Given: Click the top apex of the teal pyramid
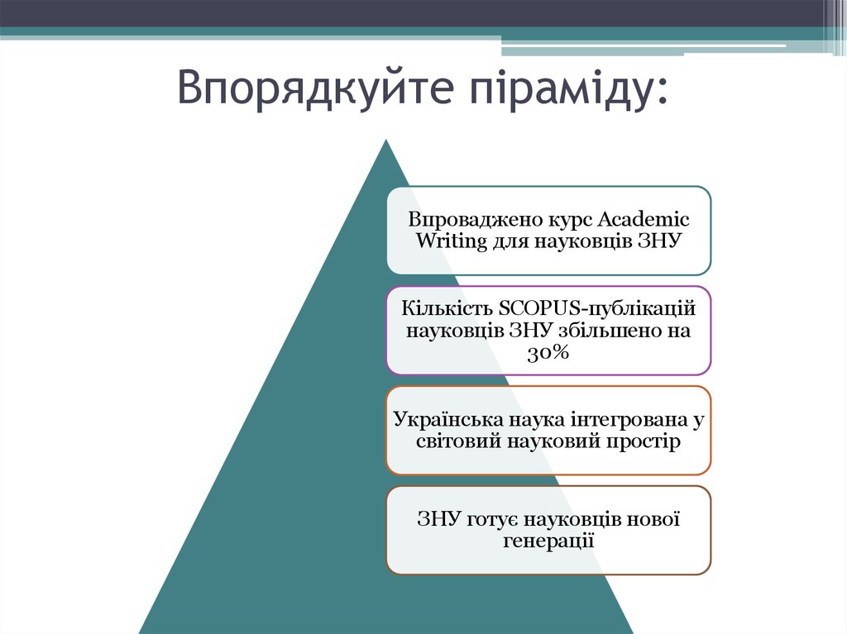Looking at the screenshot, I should tap(385, 142).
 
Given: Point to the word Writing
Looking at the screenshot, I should tap(447, 241).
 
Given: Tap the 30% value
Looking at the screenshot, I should tap(548, 352).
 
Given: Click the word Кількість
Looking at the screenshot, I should tap(447, 307).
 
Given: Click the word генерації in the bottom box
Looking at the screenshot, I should tap(548, 541).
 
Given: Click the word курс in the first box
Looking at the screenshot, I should tap(570, 221).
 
